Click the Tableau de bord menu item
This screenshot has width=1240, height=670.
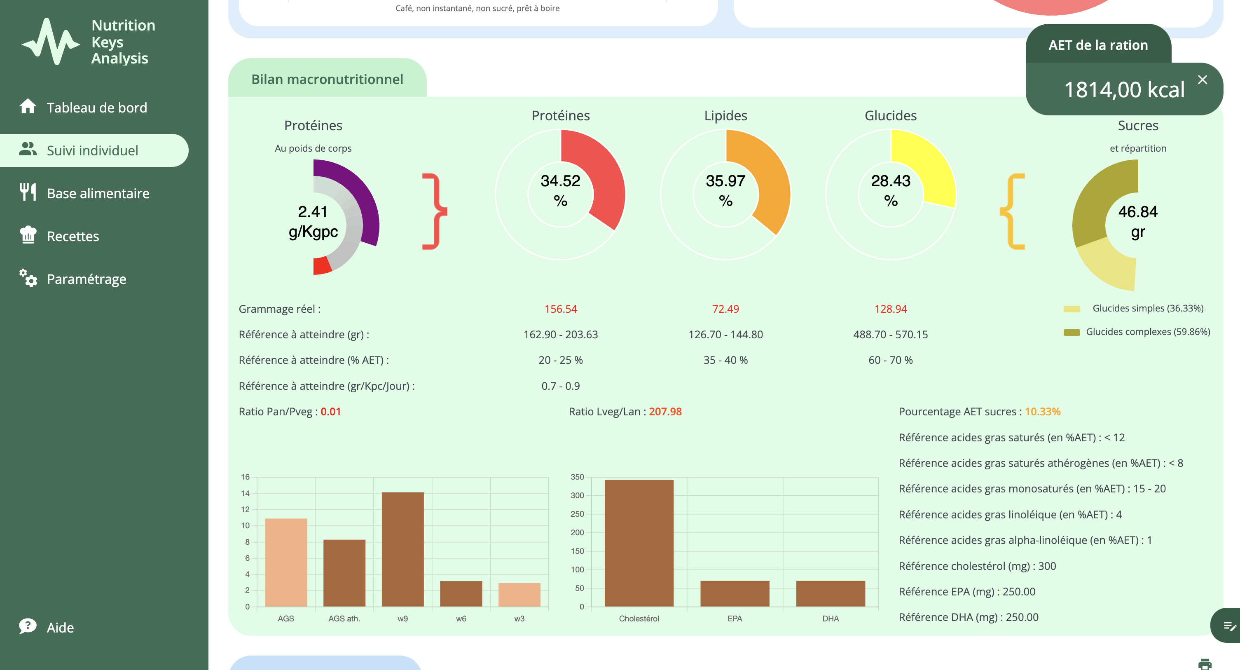96,107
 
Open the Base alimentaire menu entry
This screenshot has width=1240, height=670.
98,193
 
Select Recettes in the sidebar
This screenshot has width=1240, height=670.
73,236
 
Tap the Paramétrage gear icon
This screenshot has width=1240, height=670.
28,278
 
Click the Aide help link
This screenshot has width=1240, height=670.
60,627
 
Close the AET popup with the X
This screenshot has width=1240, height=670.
1202,80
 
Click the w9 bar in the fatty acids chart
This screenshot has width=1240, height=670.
402,549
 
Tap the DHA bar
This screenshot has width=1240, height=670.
831,593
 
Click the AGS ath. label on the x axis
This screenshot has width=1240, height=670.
344,618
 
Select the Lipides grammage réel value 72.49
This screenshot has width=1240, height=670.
725,309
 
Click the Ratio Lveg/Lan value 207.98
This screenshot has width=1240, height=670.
665,412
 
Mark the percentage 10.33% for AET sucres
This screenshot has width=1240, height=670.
1042,412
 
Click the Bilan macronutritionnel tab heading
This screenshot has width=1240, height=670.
327,80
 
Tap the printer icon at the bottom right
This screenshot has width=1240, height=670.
1205,664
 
